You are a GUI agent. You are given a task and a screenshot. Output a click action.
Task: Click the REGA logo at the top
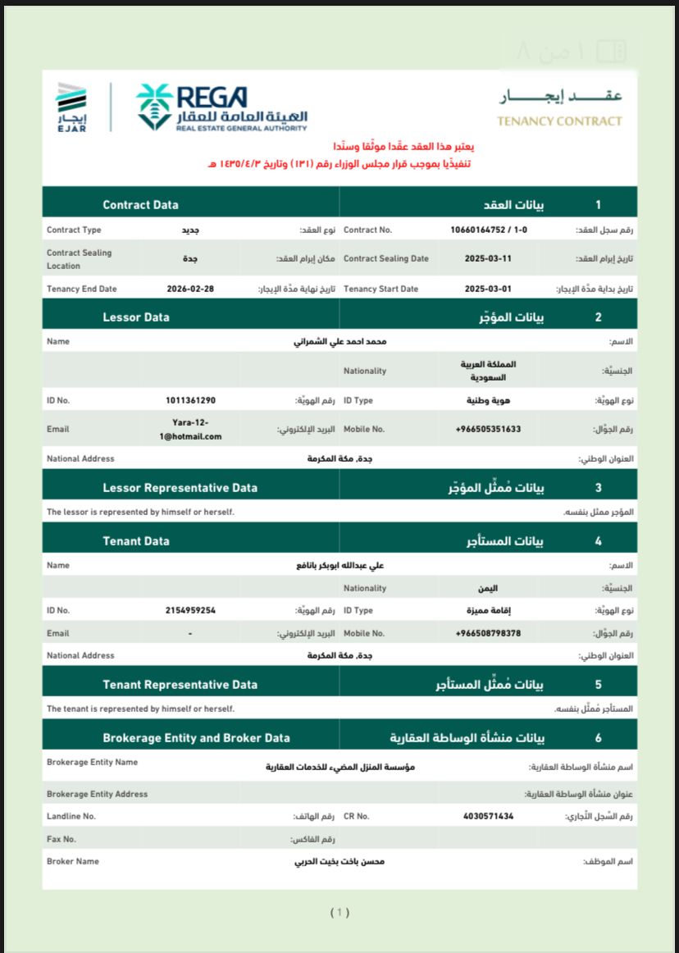[x=221, y=107]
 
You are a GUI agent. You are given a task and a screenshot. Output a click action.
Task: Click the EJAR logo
[x=71, y=107]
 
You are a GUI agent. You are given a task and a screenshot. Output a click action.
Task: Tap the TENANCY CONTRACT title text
[x=559, y=121]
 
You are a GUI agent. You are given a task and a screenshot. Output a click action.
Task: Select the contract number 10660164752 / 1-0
[x=489, y=230]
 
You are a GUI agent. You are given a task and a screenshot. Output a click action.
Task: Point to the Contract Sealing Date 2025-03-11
[x=488, y=259]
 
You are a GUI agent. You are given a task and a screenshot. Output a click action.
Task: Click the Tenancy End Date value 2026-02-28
[x=190, y=290]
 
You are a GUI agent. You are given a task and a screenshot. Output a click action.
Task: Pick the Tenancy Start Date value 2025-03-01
[x=488, y=290]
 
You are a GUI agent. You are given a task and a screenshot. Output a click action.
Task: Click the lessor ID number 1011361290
[x=190, y=400]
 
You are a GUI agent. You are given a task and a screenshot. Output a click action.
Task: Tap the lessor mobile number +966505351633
[x=488, y=429]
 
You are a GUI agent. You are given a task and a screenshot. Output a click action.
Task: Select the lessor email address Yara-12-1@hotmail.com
[x=191, y=429]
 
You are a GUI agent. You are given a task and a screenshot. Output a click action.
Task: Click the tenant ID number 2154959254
[x=190, y=610]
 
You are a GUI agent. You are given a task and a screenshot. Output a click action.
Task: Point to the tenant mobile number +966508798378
[x=488, y=633]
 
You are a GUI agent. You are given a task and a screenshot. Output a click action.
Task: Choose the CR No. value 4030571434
[x=488, y=816]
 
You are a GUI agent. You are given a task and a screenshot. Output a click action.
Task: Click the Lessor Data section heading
[x=136, y=317]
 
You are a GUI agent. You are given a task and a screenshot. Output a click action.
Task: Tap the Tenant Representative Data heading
[x=180, y=684]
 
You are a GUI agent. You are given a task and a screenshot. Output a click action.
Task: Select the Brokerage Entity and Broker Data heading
[x=196, y=737]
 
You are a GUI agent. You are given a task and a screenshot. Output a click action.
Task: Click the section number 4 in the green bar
[x=598, y=541]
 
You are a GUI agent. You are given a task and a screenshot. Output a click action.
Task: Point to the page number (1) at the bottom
[x=339, y=912]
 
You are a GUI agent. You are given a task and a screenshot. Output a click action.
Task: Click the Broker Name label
[x=73, y=861]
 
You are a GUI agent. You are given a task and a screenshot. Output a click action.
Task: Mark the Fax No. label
[x=62, y=839]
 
